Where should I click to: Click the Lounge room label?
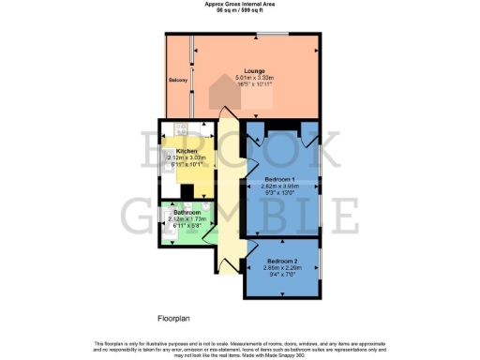click(x=252, y=71)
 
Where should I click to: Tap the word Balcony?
click(x=178, y=81)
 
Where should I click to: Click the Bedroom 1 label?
click(x=280, y=179)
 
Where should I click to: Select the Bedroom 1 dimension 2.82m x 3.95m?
click(x=280, y=187)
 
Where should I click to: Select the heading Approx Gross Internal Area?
click(x=239, y=4)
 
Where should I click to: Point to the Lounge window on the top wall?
click(x=272, y=36)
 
